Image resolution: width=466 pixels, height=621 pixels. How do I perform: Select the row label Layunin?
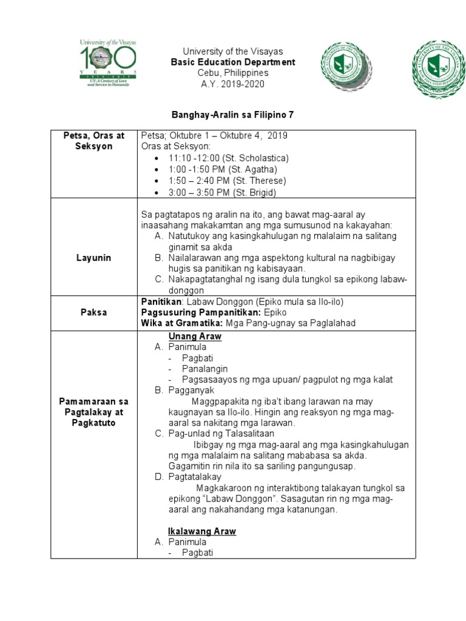pos(93,258)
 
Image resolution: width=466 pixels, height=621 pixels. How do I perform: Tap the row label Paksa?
pos(93,312)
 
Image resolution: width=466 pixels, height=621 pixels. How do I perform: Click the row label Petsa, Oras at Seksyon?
pos(93,141)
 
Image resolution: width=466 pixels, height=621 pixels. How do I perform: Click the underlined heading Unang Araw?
pos(194,336)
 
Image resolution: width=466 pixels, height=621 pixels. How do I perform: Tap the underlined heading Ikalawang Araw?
pos(201,531)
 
